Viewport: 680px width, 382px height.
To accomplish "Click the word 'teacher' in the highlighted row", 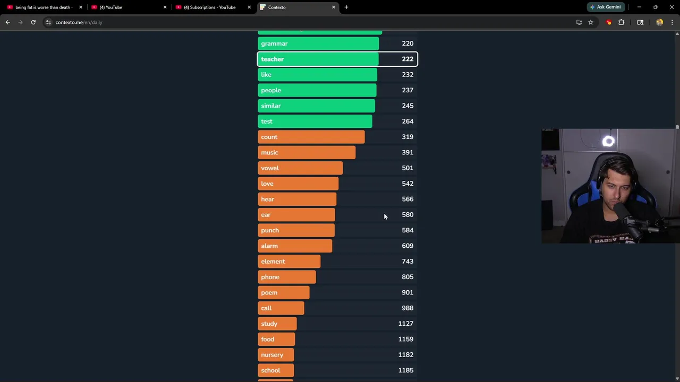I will click(x=273, y=59).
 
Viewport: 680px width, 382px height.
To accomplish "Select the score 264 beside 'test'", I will click(x=407, y=121).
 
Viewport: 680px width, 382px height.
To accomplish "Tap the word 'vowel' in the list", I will click(x=270, y=168).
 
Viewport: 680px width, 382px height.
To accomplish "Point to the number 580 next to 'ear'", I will click(x=407, y=215).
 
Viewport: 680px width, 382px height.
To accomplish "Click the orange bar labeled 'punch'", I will click(x=296, y=230).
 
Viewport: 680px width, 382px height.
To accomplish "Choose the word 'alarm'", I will click(x=269, y=246).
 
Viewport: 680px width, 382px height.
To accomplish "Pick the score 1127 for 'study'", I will click(x=405, y=324).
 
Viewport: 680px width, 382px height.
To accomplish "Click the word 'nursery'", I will click(x=272, y=355).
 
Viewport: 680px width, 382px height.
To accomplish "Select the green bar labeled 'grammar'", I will click(x=318, y=44).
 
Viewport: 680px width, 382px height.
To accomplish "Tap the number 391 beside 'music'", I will click(x=407, y=153).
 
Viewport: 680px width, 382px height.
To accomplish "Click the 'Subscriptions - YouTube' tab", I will click(x=209, y=7).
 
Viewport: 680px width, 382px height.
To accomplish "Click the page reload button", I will click(x=33, y=22).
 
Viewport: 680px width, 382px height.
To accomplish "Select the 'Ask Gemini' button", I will click(x=605, y=7).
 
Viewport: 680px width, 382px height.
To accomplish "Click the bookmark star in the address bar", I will click(x=590, y=22).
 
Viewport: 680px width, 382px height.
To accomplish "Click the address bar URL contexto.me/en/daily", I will click(x=79, y=22).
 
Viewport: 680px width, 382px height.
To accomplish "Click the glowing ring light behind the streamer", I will click(x=609, y=141).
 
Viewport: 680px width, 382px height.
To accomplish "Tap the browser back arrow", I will click(x=7, y=22).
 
